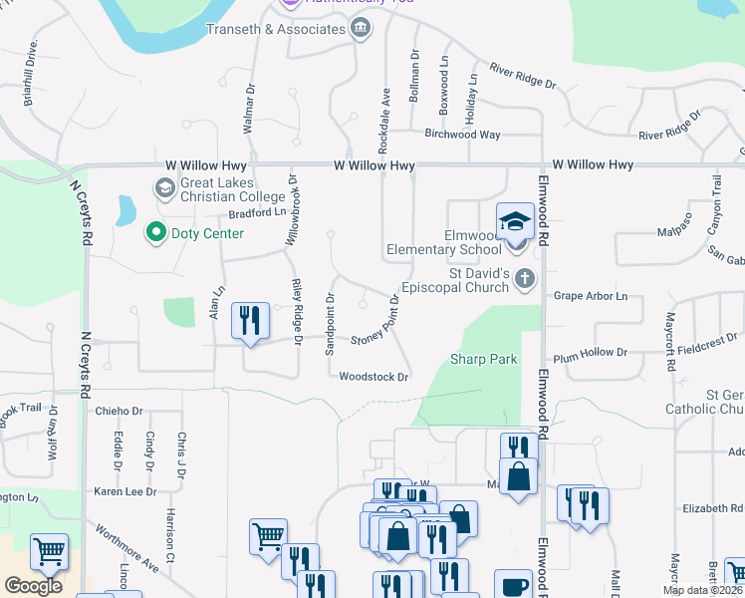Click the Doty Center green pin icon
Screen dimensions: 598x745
pos(155,233)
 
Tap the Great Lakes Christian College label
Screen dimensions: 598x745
pos(218,189)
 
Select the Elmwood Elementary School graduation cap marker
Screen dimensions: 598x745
pos(515,222)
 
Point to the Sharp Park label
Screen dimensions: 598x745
pos(483,359)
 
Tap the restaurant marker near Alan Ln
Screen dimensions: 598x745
pos(249,321)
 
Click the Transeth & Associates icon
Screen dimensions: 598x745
pos(361,29)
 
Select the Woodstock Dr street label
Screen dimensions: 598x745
pos(374,377)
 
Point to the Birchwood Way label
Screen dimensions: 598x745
pos(462,134)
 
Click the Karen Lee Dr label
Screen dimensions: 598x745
pos(125,491)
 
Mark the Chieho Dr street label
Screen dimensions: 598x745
pos(120,410)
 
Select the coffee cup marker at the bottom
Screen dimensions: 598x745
pos(515,585)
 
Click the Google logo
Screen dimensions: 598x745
pos(34,586)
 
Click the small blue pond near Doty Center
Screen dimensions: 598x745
pos(126,209)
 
